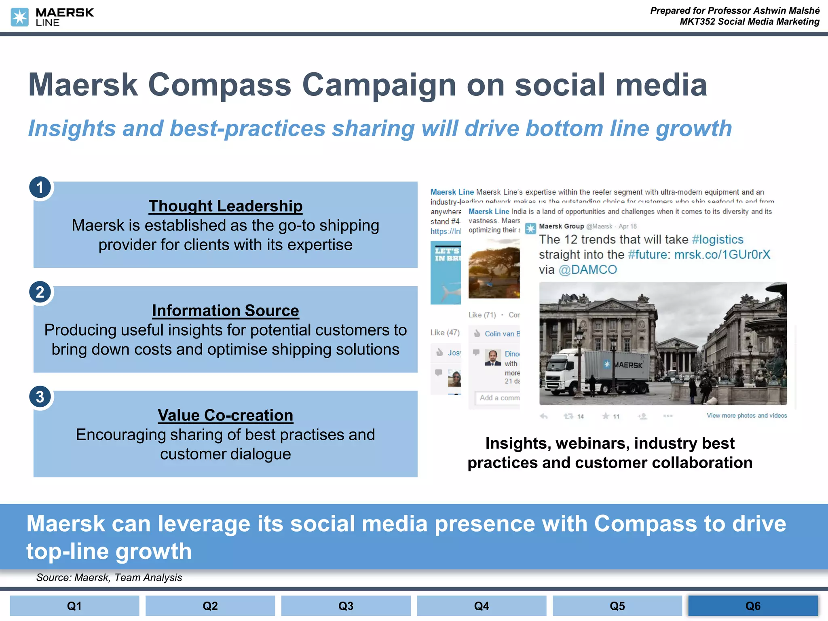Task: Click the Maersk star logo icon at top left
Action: [19, 17]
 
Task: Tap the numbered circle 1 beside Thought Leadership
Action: [40, 188]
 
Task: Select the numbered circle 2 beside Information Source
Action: [40, 292]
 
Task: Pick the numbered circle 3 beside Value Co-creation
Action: [40, 397]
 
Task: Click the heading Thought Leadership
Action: [225, 206]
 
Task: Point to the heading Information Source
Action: [225, 310]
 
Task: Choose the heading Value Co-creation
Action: [225, 415]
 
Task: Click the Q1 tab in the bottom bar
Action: [74, 606]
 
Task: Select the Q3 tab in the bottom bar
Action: [346, 606]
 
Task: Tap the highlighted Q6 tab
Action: [753, 606]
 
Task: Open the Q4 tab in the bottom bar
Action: [482, 606]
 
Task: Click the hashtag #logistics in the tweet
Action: [717, 239]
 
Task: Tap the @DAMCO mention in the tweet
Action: [587, 270]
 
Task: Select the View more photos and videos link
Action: [746, 416]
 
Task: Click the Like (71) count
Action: [482, 315]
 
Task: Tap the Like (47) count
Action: [445, 332]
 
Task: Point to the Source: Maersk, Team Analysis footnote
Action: [109, 577]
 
